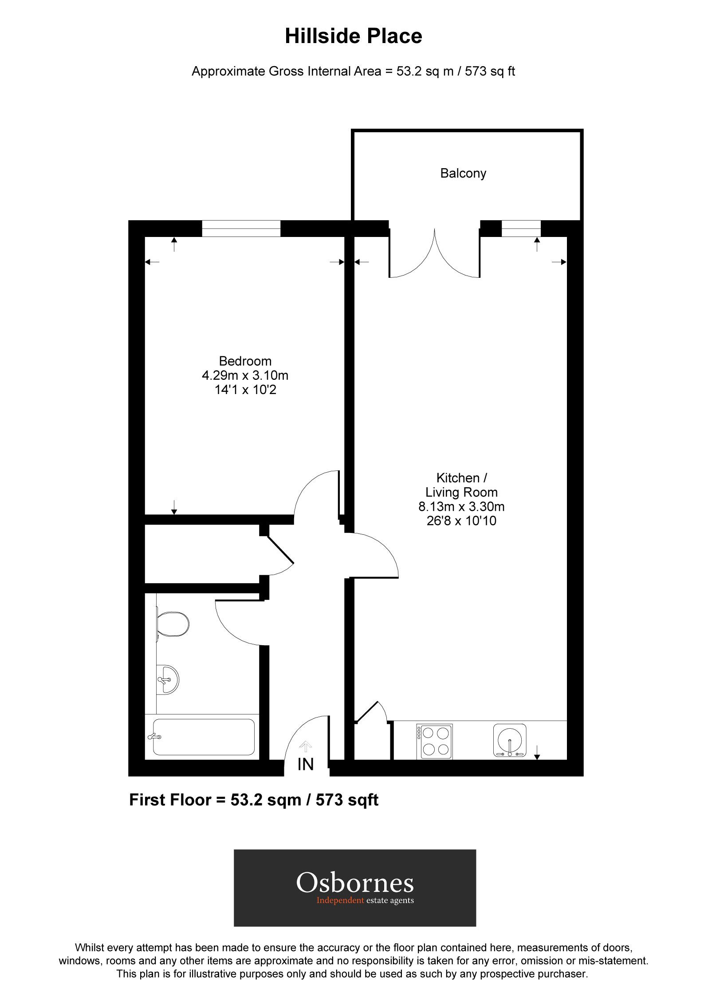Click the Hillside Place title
coord(353,36)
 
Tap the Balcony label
coord(463,173)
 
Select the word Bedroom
coord(245,361)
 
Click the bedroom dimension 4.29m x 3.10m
coord(245,376)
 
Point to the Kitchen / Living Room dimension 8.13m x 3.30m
coord(461,506)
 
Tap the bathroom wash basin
coord(168,679)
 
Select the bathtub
coord(203,737)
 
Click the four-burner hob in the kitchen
coord(435,741)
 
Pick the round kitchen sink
coord(510,740)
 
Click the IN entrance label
coord(306,764)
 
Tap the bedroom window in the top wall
coord(241,229)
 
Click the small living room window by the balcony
coord(521,229)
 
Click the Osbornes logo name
coord(355,882)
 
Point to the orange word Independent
coord(340,900)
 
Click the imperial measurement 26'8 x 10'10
coord(461,521)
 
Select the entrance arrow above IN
coord(306,746)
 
